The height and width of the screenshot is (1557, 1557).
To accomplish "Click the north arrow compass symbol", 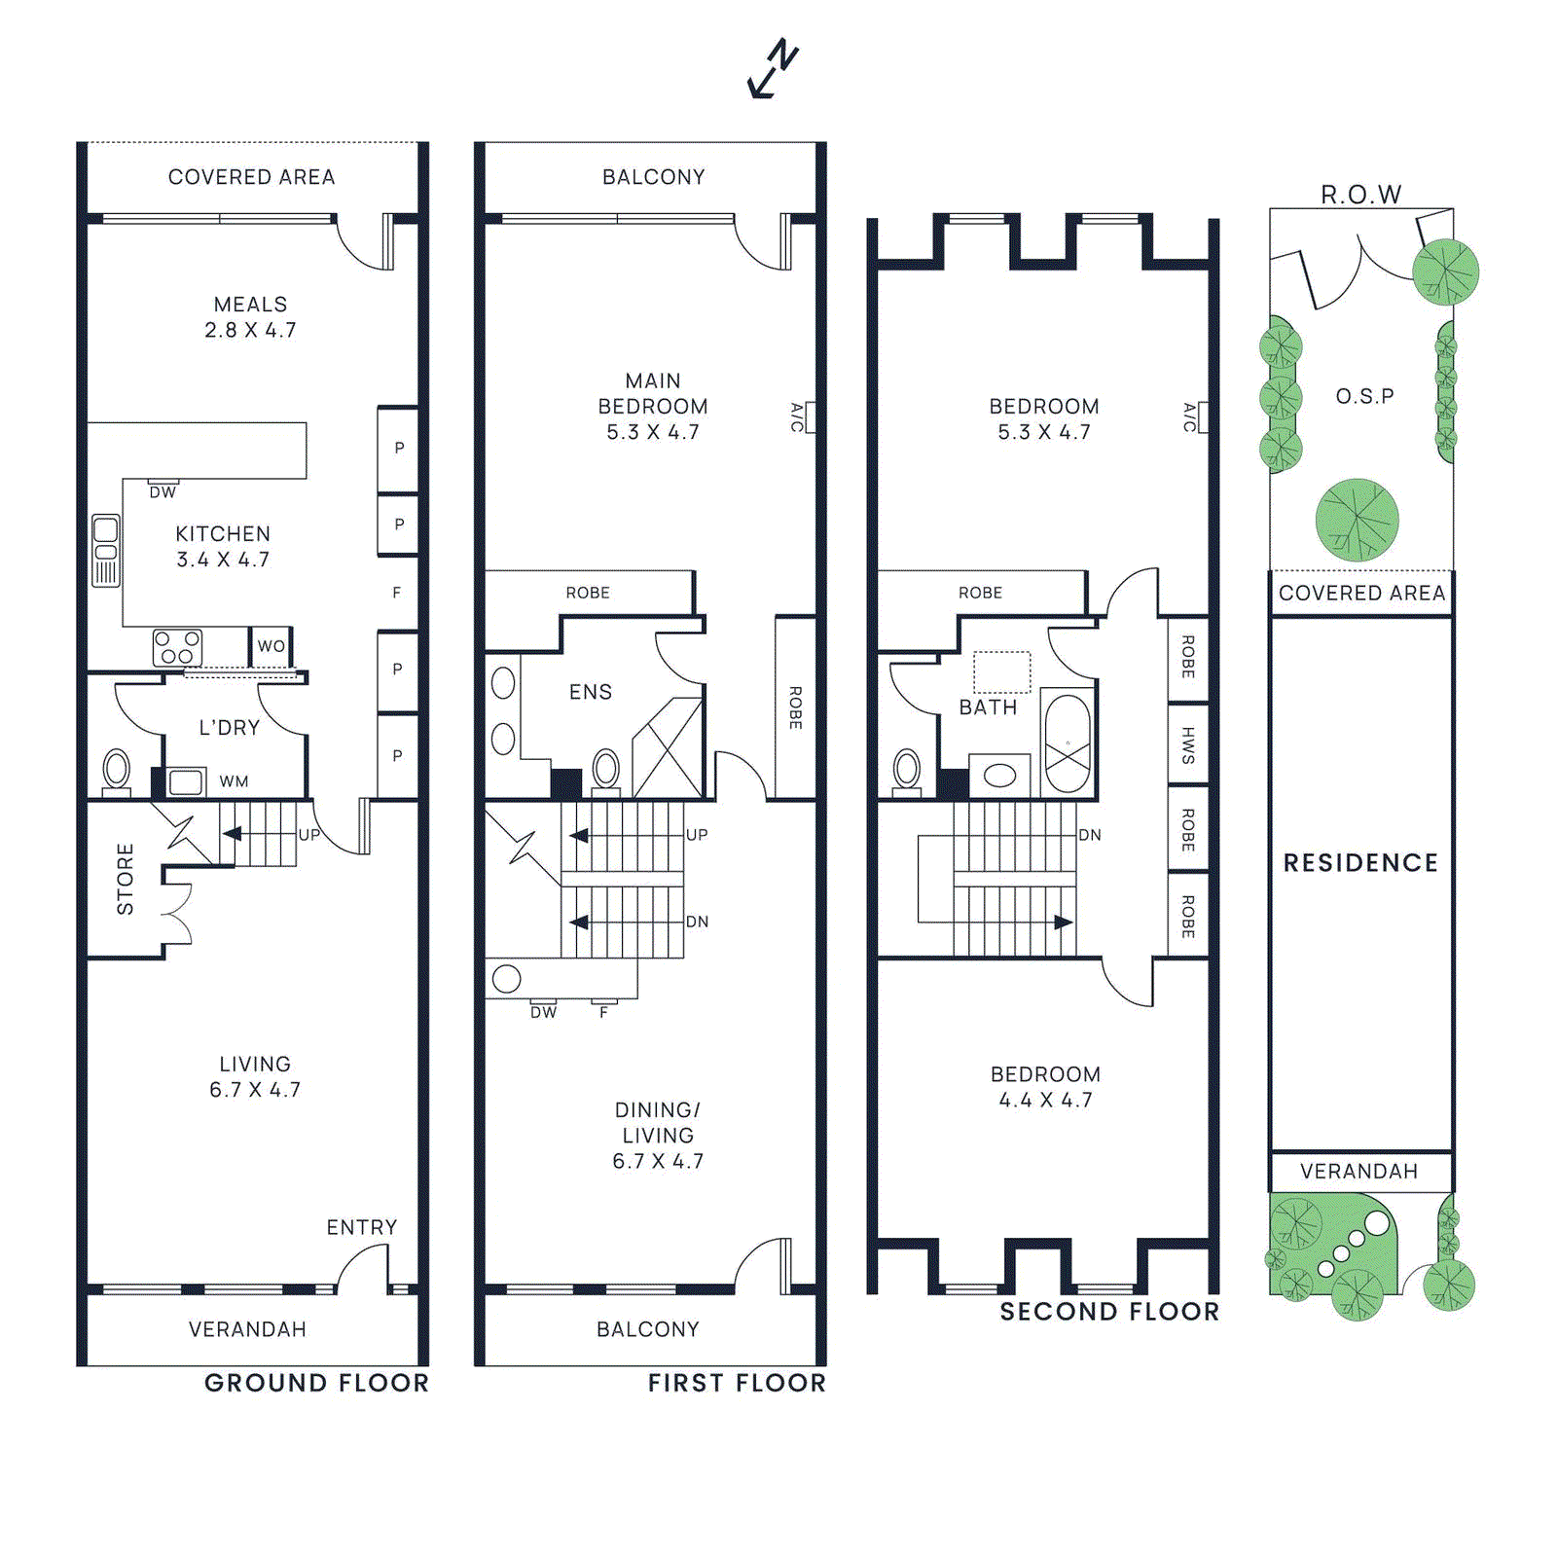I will (774, 69).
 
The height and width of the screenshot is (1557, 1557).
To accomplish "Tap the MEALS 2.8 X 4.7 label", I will (250, 317).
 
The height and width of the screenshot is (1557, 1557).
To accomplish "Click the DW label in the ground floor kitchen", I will (163, 492).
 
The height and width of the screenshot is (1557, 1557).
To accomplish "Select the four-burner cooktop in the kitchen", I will (177, 648).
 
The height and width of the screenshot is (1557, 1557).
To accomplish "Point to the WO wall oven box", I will (272, 646).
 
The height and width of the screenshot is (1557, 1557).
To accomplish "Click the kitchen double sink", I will (105, 551).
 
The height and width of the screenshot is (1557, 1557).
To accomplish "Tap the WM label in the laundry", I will (234, 781).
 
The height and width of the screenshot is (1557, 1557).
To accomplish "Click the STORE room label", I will (125, 879).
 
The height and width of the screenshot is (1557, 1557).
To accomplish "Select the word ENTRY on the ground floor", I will (362, 1227).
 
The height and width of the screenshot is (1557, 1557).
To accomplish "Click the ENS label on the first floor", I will (591, 692).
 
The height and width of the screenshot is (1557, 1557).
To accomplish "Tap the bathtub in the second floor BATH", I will (1068, 743).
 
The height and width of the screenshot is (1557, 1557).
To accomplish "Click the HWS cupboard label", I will (1188, 744).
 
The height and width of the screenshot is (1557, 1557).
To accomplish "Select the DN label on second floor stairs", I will (1090, 835).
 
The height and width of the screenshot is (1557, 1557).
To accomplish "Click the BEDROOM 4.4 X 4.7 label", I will (1045, 1087).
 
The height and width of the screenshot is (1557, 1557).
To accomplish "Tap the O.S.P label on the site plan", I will (1364, 396).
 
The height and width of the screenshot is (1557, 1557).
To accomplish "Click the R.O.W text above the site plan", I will (1360, 195).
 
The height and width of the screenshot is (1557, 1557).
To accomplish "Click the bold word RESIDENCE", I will (1360, 863).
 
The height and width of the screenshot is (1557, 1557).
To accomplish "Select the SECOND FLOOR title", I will (1109, 1312).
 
